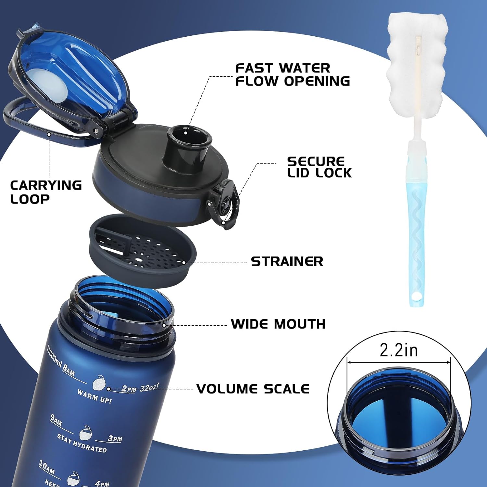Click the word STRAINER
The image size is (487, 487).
coord(287,261)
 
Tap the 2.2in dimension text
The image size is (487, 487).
coord(399,350)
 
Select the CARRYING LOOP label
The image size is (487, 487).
coord(45,192)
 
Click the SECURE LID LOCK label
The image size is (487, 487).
coord(319,167)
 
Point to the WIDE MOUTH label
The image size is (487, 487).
coord(278,324)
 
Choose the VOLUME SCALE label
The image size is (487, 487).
coord(253,389)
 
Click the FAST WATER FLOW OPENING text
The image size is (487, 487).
coord(292,75)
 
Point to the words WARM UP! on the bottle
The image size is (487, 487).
coord(94,396)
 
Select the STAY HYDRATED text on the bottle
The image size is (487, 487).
coord(82,443)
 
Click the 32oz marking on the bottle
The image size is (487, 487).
coord(149,388)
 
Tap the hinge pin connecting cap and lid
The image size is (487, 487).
coord(96,131)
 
